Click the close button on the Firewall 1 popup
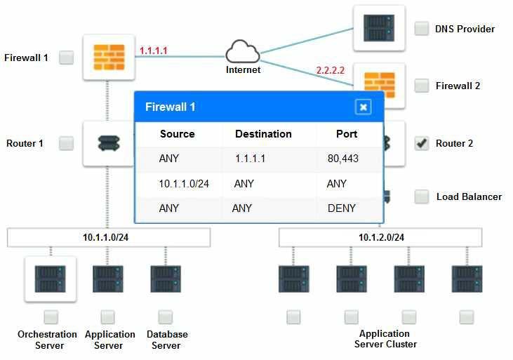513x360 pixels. coord(363,107)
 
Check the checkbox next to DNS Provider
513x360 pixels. coord(421,29)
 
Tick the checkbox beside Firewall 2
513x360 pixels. coord(421,86)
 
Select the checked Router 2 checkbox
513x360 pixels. coord(421,143)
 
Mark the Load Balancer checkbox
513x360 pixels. coord(421,196)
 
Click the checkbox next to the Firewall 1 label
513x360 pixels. coord(66,58)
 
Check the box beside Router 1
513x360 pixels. coord(66,143)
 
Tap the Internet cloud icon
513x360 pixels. coord(243,52)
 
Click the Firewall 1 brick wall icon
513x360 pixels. coord(109,58)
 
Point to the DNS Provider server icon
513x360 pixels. coord(379,28)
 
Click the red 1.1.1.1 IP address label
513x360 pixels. coord(154,51)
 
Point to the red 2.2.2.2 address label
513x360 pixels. coord(330,70)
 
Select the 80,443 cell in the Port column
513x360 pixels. coord(343,159)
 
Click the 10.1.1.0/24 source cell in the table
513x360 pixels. coord(184,184)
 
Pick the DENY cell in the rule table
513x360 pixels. coord(341,208)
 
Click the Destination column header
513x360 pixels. coord(263,134)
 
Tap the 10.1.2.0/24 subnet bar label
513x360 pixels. coord(382,237)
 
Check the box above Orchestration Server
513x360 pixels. coord(51,316)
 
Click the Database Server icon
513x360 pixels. coord(166,279)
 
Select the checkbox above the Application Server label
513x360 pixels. coord(107,316)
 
